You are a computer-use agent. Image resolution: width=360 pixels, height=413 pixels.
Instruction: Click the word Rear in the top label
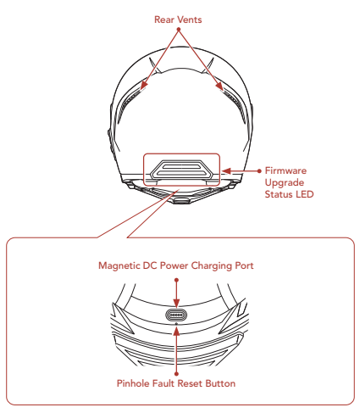[163, 20]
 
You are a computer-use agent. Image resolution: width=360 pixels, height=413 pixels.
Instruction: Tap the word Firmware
[285, 170]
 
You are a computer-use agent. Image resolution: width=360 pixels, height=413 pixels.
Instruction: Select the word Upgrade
[285, 183]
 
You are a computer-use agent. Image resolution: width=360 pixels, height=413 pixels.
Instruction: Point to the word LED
[305, 194]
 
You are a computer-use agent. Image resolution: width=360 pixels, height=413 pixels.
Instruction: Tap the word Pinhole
[133, 383]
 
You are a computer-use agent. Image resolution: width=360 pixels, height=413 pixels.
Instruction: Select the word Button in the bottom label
[220, 383]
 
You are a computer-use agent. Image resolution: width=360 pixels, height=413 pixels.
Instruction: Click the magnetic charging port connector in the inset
[176, 315]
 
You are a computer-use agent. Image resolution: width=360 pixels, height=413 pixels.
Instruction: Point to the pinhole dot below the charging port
[177, 324]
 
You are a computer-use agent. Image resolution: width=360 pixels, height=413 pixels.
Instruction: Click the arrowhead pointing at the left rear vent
[144, 85]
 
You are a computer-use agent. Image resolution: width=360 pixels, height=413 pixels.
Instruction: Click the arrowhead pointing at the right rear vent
[219, 87]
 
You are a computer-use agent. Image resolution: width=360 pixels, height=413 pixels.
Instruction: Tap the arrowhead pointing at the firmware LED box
[226, 171]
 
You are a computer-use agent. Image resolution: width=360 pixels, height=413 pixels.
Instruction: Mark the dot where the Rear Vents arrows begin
[179, 29]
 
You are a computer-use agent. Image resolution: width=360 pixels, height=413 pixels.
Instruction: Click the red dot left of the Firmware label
[259, 171]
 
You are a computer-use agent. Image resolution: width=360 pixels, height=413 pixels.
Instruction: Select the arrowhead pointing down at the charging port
[176, 304]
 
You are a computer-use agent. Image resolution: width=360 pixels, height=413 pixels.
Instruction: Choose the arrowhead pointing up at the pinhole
[176, 332]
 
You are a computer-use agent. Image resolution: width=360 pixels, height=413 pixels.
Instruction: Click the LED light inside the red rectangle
[181, 170]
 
